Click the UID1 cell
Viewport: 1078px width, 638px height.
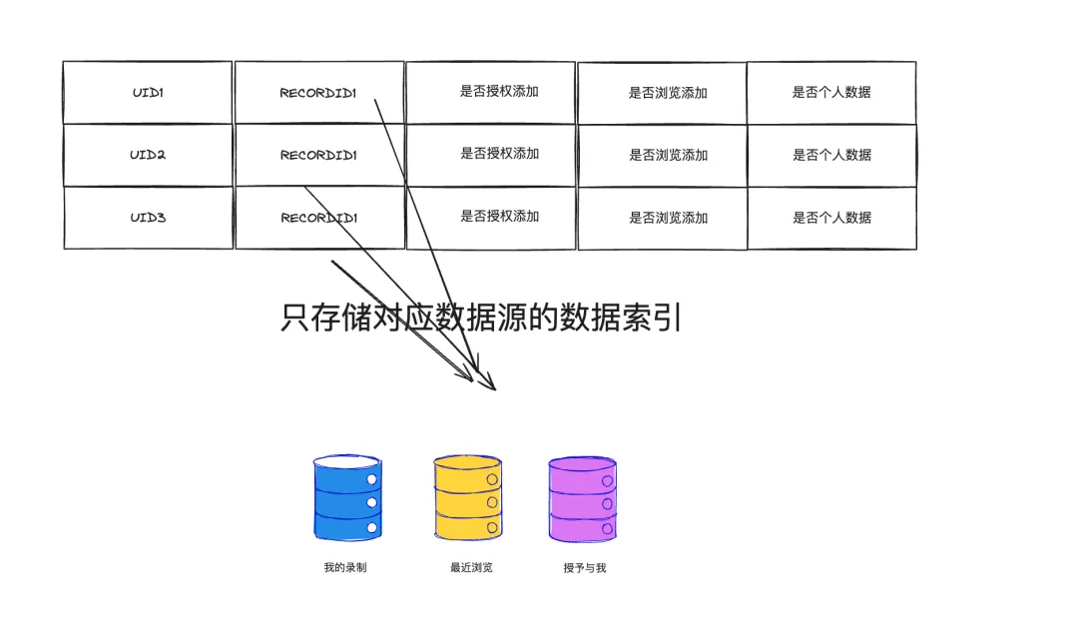tap(148, 93)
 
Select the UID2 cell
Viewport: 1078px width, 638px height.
tap(148, 155)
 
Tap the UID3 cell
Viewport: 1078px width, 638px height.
tap(148, 217)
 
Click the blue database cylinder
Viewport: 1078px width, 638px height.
tap(346, 498)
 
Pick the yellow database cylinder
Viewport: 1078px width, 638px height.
tap(467, 498)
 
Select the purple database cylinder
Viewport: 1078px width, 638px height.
tap(582, 498)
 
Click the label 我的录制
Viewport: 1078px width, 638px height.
tap(345, 568)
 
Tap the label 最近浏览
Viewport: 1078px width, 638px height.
tap(471, 568)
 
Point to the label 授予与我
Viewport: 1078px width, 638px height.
tap(584, 568)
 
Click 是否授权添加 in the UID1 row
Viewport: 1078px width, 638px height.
tap(499, 92)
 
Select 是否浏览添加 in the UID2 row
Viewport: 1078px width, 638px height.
tap(668, 155)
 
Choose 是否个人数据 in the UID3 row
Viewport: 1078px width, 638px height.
tap(831, 217)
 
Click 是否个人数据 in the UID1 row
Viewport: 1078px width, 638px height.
tap(831, 92)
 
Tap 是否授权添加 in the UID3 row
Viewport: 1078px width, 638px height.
tap(499, 216)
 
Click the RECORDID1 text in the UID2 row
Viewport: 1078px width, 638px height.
tap(318, 155)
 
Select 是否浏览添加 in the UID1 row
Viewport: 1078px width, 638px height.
tap(668, 93)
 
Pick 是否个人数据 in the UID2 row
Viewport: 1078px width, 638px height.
tap(831, 155)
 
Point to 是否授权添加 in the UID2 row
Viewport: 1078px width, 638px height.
tap(499, 154)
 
